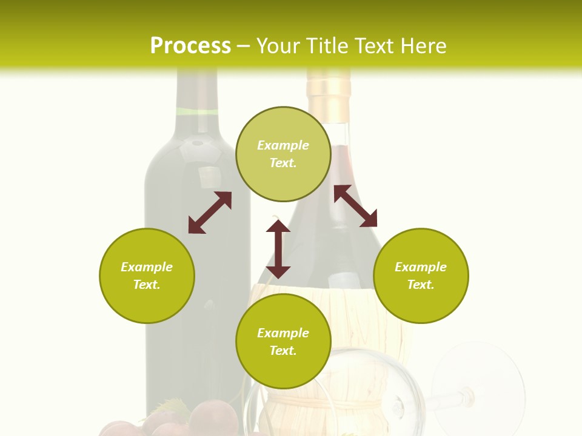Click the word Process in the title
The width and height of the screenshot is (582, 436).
(190, 46)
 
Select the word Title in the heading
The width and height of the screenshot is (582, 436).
(327, 46)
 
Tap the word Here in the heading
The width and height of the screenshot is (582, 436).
(423, 46)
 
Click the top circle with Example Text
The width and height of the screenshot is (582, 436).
(283, 154)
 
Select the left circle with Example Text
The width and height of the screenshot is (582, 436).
(147, 276)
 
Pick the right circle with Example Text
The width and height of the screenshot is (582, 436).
(421, 276)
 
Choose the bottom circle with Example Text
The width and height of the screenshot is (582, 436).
(283, 342)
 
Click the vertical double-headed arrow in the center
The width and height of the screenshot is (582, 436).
(278, 249)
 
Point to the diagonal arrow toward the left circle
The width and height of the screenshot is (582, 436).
(210, 213)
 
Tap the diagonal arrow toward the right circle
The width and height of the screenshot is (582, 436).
(355, 206)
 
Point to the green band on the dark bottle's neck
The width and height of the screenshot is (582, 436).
(198, 111)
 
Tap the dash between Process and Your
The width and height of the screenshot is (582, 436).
(243, 46)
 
